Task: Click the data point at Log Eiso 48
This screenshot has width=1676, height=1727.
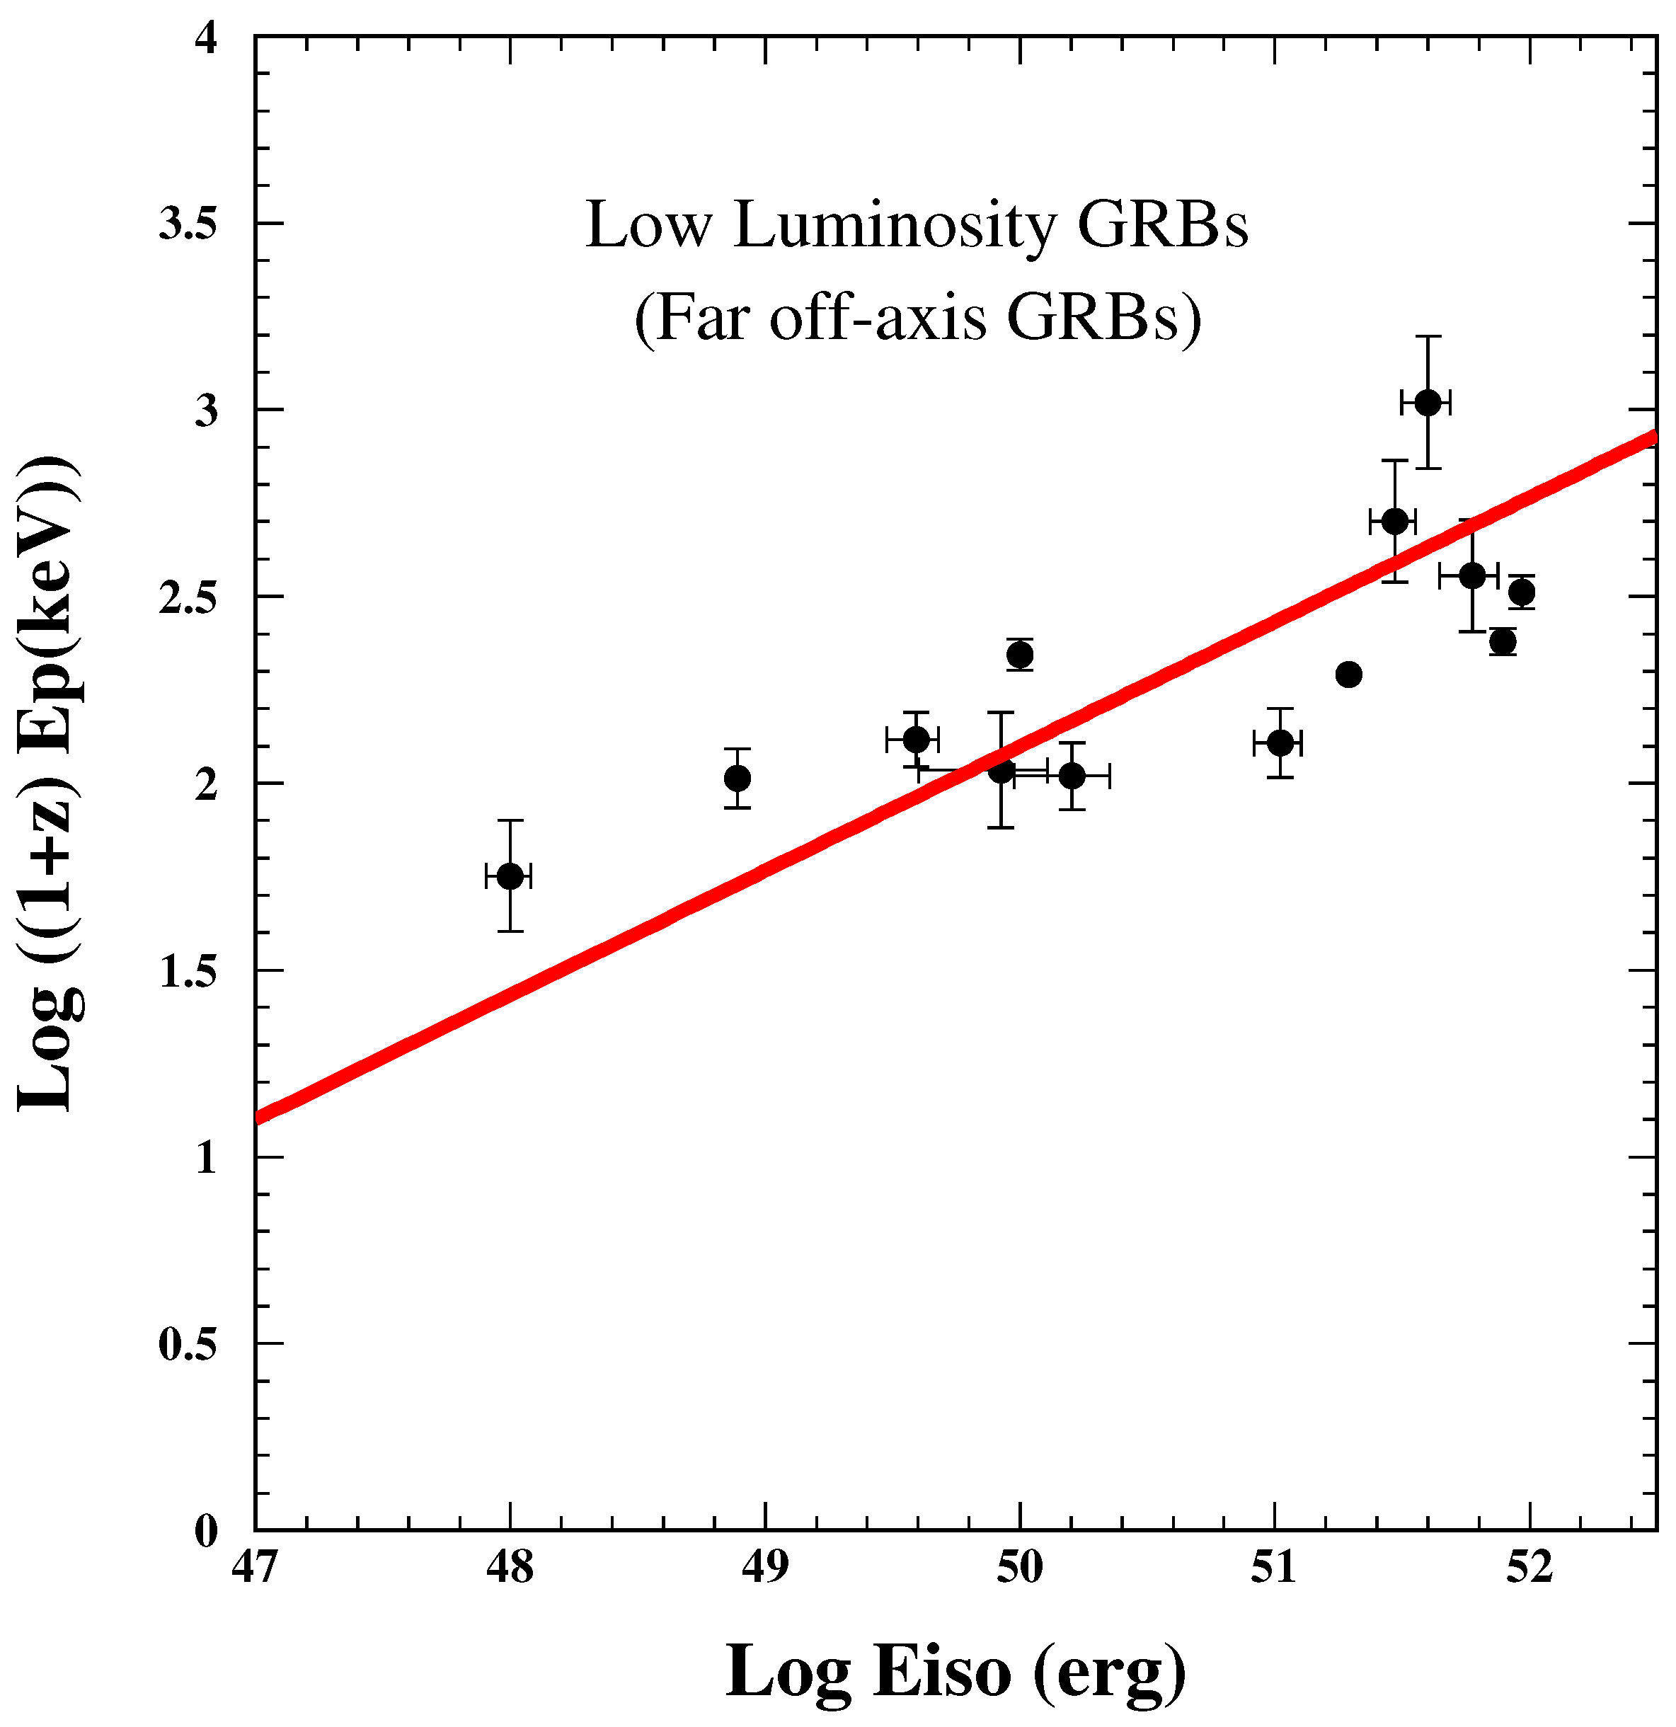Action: coord(510,876)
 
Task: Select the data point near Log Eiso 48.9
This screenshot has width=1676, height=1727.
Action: coord(737,778)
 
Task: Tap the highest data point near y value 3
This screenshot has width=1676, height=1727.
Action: coord(1428,403)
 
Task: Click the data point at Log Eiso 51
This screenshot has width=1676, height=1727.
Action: coord(1280,742)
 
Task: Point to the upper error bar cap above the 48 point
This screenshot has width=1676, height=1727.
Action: coord(510,820)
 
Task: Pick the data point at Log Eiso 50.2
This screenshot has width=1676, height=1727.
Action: coord(1072,776)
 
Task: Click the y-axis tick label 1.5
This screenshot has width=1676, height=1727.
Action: coord(188,971)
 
